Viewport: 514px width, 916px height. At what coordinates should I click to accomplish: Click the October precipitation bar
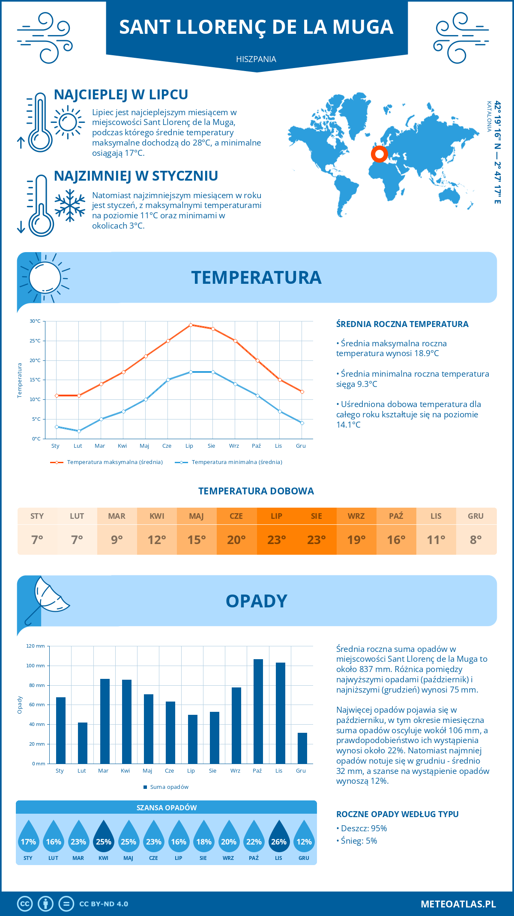click(258, 711)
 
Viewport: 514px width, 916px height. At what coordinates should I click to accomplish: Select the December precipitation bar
click(302, 748)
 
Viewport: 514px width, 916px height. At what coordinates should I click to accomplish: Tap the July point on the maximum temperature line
click(191, 325)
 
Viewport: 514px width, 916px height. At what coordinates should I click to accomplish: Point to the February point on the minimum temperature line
click(79, 431)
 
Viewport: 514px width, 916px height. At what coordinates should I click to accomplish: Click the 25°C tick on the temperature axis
click(35, 341)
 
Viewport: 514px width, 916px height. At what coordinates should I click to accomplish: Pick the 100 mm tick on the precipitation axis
click(36, 666)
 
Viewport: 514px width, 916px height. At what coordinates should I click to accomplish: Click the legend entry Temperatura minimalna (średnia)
click(236, 462)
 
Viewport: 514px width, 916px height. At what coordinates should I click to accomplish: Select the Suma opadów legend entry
click(169, 787)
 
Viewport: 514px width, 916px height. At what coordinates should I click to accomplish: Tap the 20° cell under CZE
click(236, 540)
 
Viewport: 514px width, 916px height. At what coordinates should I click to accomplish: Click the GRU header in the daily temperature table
click(475, 516)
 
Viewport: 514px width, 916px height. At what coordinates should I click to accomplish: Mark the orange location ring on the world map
click(379, 154)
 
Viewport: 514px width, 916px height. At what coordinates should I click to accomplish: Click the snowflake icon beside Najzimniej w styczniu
click(70, 205)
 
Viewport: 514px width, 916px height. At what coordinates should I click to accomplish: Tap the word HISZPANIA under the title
click(256, 59)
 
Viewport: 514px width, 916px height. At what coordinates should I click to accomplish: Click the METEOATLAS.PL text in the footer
click(458, 904)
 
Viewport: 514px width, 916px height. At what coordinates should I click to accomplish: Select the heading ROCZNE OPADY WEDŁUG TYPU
click(397, 814)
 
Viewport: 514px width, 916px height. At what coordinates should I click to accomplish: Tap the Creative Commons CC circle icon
click(25, 904)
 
